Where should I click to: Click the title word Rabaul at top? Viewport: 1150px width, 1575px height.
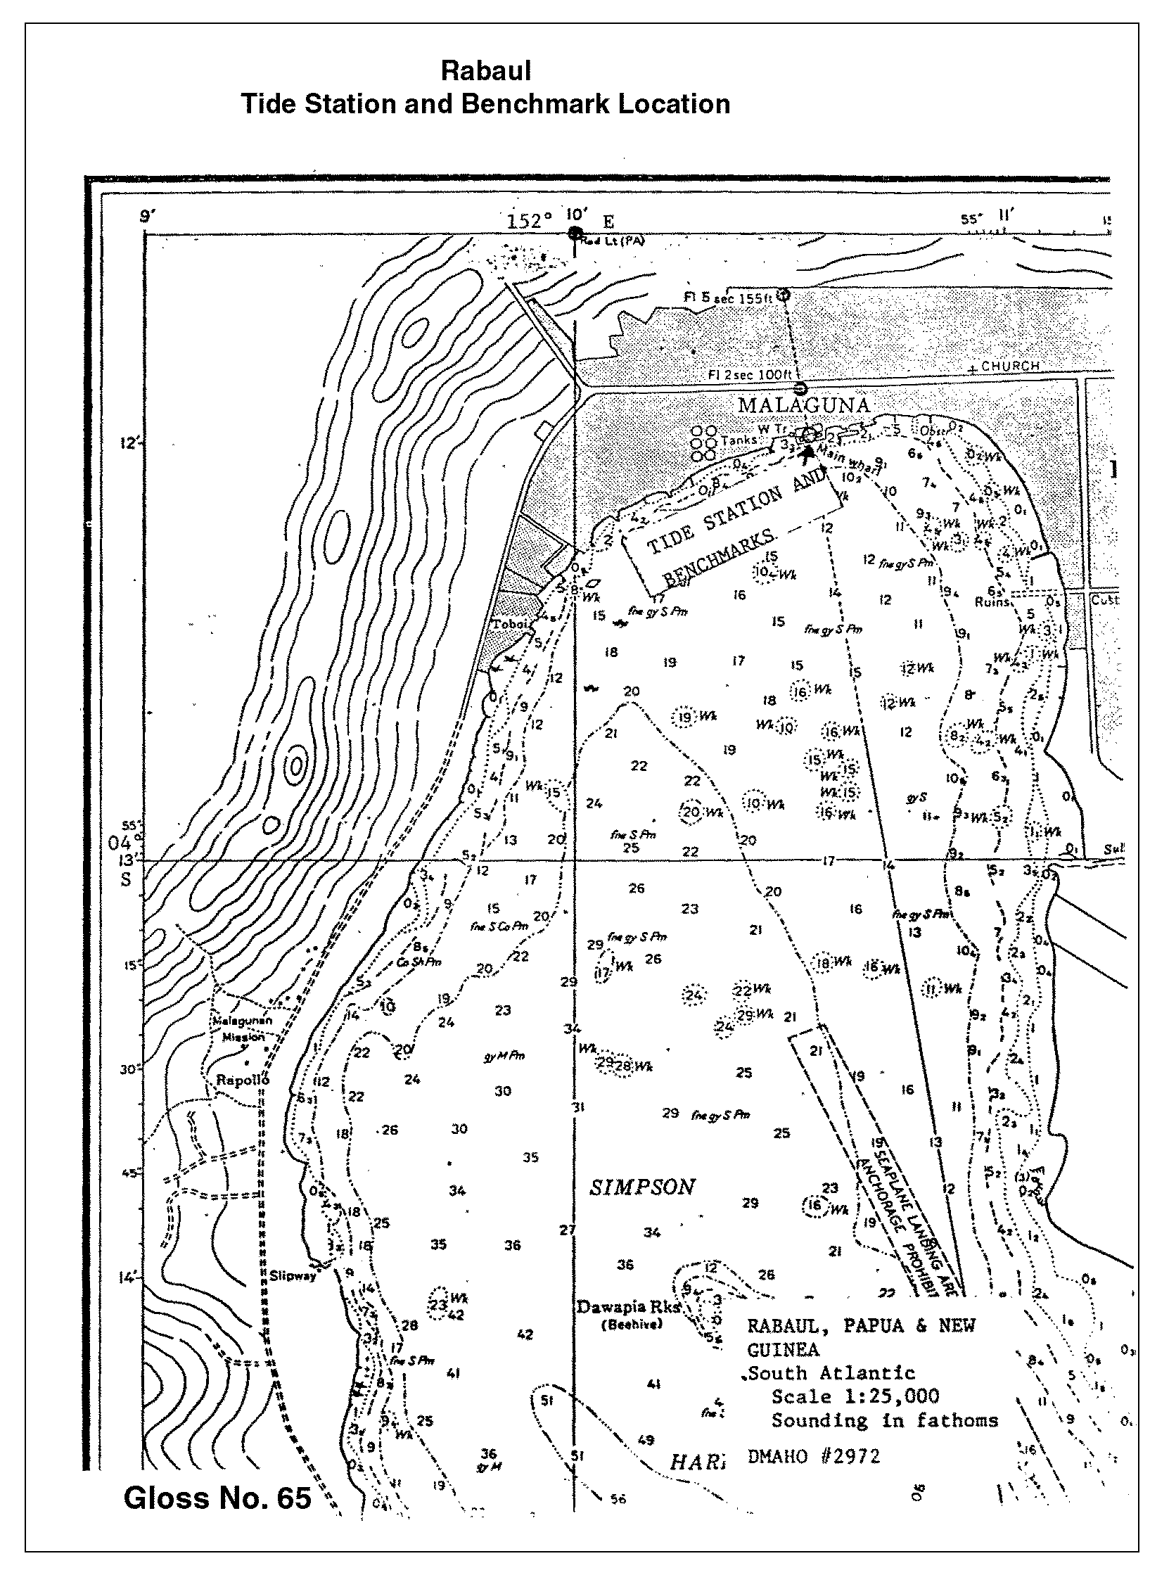[x=485, y=70]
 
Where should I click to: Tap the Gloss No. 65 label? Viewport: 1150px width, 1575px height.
[x=217, y=1498]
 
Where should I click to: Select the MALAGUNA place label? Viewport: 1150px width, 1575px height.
[x=804, y=405]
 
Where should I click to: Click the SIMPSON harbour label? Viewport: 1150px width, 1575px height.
[x=642, y=1188]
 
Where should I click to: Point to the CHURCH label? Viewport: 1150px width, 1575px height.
[x=1010, y=366]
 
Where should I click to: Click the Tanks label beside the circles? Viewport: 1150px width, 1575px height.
[x=739, y=440]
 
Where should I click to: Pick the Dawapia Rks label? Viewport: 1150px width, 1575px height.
[x=628, y=1307]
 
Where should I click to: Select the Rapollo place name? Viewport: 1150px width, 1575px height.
[x=243, y=1080]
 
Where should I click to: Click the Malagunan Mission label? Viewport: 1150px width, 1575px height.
[x=243, y=1028]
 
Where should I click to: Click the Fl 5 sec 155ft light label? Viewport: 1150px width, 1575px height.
[x=728, y=298]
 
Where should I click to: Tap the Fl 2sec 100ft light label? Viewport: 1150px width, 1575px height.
[x=750, y=376]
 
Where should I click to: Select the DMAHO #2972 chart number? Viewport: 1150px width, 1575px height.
[x=814, y=1455]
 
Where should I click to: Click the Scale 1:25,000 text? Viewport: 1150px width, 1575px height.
[x=855, y=1396]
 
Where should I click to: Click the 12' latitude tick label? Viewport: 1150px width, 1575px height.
[x=131, y=444]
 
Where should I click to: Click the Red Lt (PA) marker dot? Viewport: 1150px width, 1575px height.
[x=575, y=234]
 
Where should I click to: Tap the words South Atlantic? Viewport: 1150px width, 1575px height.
[x=833, y=1372]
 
